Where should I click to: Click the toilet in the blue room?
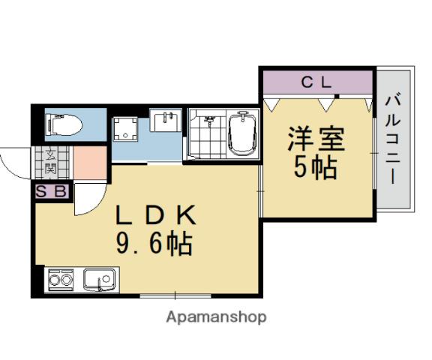pos(64,124)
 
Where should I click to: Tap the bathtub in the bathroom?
pos(242,133)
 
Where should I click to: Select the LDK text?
pos(155,216)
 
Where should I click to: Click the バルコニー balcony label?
pos(393,139)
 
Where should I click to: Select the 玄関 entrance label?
pos(50,161)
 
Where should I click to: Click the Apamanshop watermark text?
pos(215,316)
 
